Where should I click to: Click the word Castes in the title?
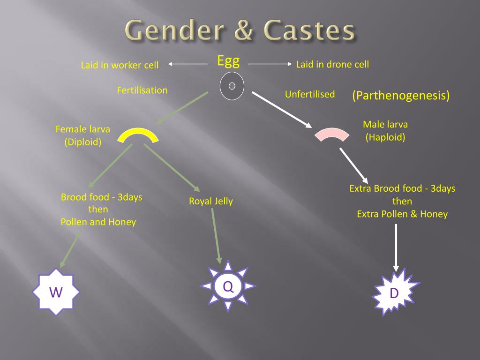click(309, 30)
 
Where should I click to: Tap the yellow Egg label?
click(228, 61)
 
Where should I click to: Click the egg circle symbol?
click(232, 86)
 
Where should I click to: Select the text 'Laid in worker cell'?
click(120, 65)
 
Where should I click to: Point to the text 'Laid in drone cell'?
click(332, 64)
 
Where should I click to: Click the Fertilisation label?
click(142, 90)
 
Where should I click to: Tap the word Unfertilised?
click(310, 94)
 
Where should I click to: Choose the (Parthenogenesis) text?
click(401, 95)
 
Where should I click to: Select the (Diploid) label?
click(83, 142)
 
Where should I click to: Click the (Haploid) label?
click(385, 137)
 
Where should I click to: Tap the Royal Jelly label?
click(211, 201)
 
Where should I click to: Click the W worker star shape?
click(56, 292)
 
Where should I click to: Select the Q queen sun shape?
click(228, 286)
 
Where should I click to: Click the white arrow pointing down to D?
click(396, 248)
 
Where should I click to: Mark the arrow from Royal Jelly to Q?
click(216, 236)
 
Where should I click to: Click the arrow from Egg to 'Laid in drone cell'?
click(270, 64)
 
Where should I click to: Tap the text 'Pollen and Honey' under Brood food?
click(98, 222)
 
